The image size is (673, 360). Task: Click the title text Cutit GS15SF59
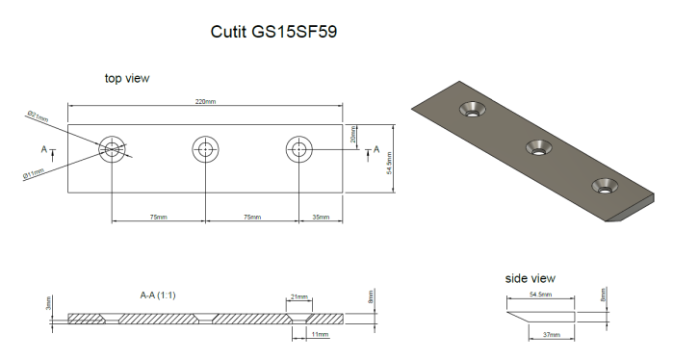(273, 31)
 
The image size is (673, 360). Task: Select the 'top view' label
(127, 78)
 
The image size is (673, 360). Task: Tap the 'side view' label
(530, 278)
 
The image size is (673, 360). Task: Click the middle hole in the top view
(204, 149)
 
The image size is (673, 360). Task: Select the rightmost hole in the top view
(298, 149)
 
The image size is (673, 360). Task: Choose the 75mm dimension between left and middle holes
(158, 218)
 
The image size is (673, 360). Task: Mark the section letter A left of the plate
(43, 150)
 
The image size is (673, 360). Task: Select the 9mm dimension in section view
(371, 299)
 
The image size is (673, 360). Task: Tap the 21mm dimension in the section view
(298, 296)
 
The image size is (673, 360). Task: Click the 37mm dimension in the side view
(550, 334)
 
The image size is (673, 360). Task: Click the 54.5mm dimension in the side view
(539, 295)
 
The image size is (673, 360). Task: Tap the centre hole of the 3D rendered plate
(537, 146)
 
